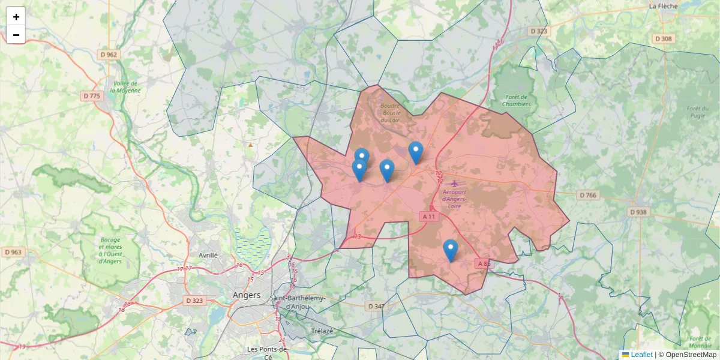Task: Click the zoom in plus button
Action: tap(16, 17)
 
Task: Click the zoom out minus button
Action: tap(16, 35)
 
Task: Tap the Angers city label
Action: tap(247, 295)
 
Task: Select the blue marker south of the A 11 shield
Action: tap(450, 250)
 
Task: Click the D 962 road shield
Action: tap(109, 55)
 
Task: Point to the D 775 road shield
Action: tap(92, 96)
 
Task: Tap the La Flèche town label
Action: tap(663, 7)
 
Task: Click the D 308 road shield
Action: tap(664, 38)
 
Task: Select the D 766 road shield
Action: tap(589, 195)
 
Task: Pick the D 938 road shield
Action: tap(639, 212)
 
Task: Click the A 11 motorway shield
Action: tap(428, 216)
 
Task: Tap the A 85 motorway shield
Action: tap(484, 263)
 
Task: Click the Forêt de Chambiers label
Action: tap(516, 100)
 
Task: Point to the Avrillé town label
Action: tap(208, 255)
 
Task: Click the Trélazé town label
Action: tap(322, 331)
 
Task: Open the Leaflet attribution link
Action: tap(641, 355)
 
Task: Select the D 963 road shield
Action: tap(13, 252)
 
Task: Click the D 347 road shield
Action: tap(376, 306)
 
